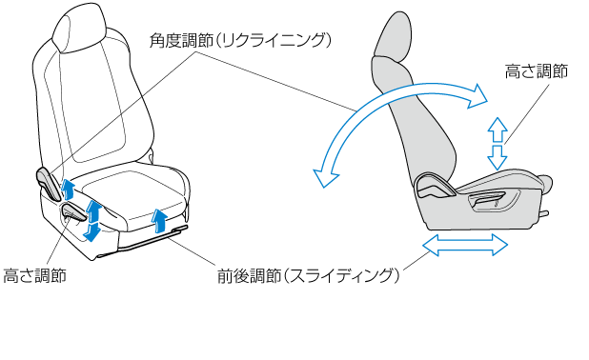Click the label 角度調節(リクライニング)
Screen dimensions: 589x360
240,41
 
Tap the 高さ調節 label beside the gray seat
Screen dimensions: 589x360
536,71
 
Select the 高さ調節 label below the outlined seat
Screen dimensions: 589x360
34,275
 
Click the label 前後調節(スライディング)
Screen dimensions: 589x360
309,276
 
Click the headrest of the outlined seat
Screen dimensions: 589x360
80,29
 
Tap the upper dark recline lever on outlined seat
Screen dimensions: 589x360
49,183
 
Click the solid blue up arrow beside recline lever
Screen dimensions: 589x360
68,189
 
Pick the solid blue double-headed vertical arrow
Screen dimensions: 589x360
91,221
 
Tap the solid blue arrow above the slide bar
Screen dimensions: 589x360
159,221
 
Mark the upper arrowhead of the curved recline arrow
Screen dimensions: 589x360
477,96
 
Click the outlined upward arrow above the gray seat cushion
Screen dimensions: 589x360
498,130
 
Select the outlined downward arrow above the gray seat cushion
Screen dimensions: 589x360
498,158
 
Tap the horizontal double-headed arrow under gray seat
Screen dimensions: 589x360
465,245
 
